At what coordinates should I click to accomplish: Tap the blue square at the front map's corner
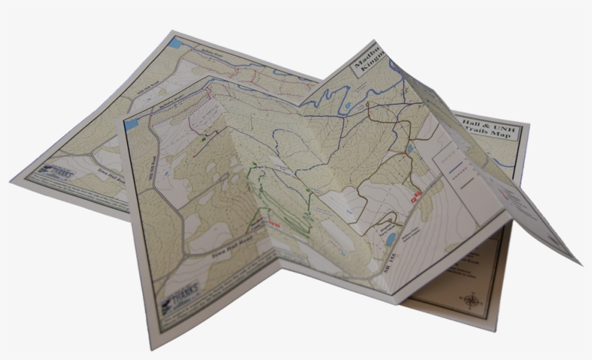[131, 124]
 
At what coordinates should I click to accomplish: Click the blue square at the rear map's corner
[174, 43]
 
